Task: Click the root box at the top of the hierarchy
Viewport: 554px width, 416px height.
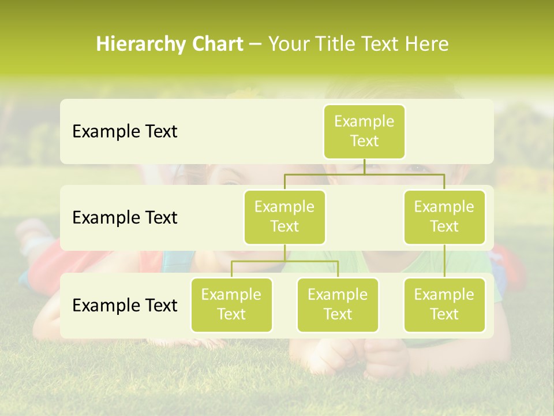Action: tap(364, 132)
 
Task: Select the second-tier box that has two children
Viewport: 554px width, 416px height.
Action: tap(285, 217)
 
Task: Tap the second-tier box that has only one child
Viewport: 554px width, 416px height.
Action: tap(444, 217)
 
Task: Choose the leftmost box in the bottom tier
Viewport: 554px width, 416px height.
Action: tap(231, 305)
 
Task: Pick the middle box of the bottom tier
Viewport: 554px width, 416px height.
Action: tap(338, 305)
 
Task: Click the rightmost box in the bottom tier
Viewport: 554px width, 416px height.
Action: tap(444, 305)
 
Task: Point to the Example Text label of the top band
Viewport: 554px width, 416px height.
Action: tap(125, 132)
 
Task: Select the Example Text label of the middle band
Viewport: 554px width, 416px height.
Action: tap(125, 218)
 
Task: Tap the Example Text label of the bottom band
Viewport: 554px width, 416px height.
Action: tap(125, 305)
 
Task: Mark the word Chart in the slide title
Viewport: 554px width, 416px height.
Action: tap(215, 44)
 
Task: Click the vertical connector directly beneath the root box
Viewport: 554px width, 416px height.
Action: tap(364, 166)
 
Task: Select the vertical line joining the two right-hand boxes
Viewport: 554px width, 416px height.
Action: tap(444, 261)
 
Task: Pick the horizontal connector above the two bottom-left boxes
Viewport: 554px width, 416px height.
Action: tap(285, 261)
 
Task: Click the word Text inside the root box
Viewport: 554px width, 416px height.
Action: tap(364, 142)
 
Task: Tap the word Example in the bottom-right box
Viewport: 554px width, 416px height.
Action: tap(444, 295)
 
